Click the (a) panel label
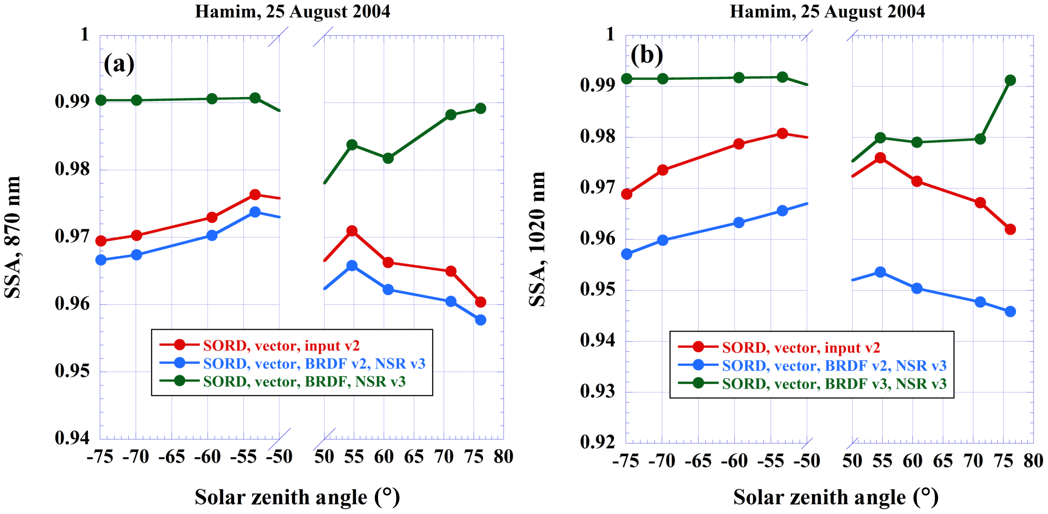tap(119, 64)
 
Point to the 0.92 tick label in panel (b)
tap(597, 442)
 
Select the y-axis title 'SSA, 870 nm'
tap(12, 237)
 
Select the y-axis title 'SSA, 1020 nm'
tap(537, 239)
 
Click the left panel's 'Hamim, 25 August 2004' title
tap(292, 11)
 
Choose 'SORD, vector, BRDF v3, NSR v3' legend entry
tap(834, 384)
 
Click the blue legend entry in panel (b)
tap(834, 365)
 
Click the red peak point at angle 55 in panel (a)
tap(352, 231)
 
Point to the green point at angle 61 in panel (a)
tap(388, 158)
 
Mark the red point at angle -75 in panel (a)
tap(101, 241)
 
